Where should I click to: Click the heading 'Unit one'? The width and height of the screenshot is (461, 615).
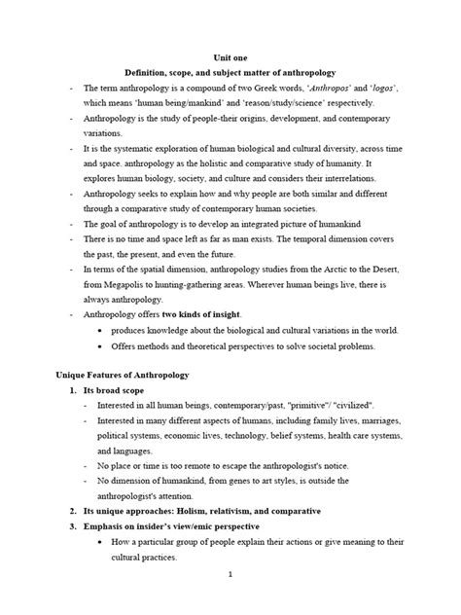pos(230,56)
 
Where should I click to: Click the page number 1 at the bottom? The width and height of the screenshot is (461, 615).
pos(230,600)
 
